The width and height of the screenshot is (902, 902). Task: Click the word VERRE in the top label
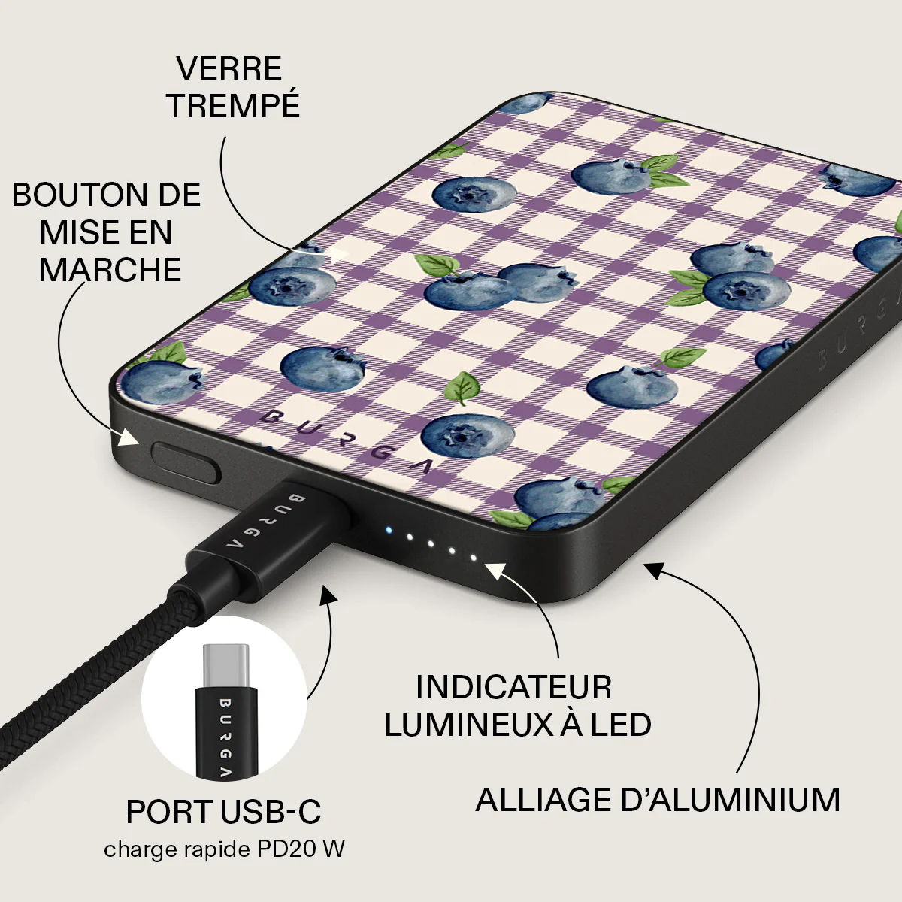[229, 68]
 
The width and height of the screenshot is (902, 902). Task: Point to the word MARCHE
[110, 270]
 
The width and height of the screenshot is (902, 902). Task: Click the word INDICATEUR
[513, 687]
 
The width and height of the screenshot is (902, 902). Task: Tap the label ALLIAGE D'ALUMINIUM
[658, 800]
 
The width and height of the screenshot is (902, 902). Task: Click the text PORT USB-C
[224, 812]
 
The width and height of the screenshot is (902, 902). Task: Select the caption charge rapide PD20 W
[224, 849]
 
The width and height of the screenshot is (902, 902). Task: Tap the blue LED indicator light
[388, 531]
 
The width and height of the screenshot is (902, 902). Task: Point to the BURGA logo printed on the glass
[346, 442]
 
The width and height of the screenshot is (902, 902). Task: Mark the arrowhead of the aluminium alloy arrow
[655, 571]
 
